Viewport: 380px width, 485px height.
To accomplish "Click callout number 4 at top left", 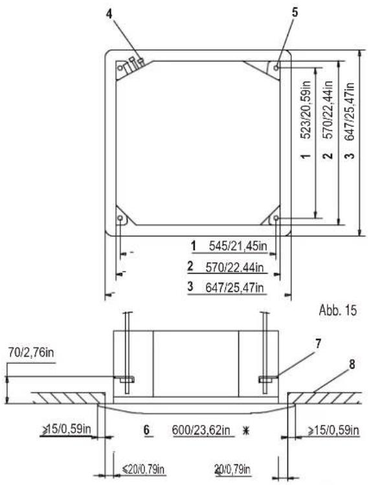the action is tap(109, 14).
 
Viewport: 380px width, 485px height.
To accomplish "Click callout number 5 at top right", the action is tap(295, 12).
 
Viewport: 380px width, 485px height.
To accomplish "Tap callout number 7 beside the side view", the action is tap(318, 344).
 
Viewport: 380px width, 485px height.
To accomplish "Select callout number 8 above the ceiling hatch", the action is tap(352, 364).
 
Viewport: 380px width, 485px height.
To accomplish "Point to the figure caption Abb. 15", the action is tap(338, 310).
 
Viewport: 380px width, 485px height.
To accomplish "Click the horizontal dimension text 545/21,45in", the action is tap(238, 246).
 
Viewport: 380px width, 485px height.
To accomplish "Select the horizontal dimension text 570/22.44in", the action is tap(234, 267).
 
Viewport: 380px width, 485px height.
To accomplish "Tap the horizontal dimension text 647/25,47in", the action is tap(234, 288).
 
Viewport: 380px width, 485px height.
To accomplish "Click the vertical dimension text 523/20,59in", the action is tap(306, 110).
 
